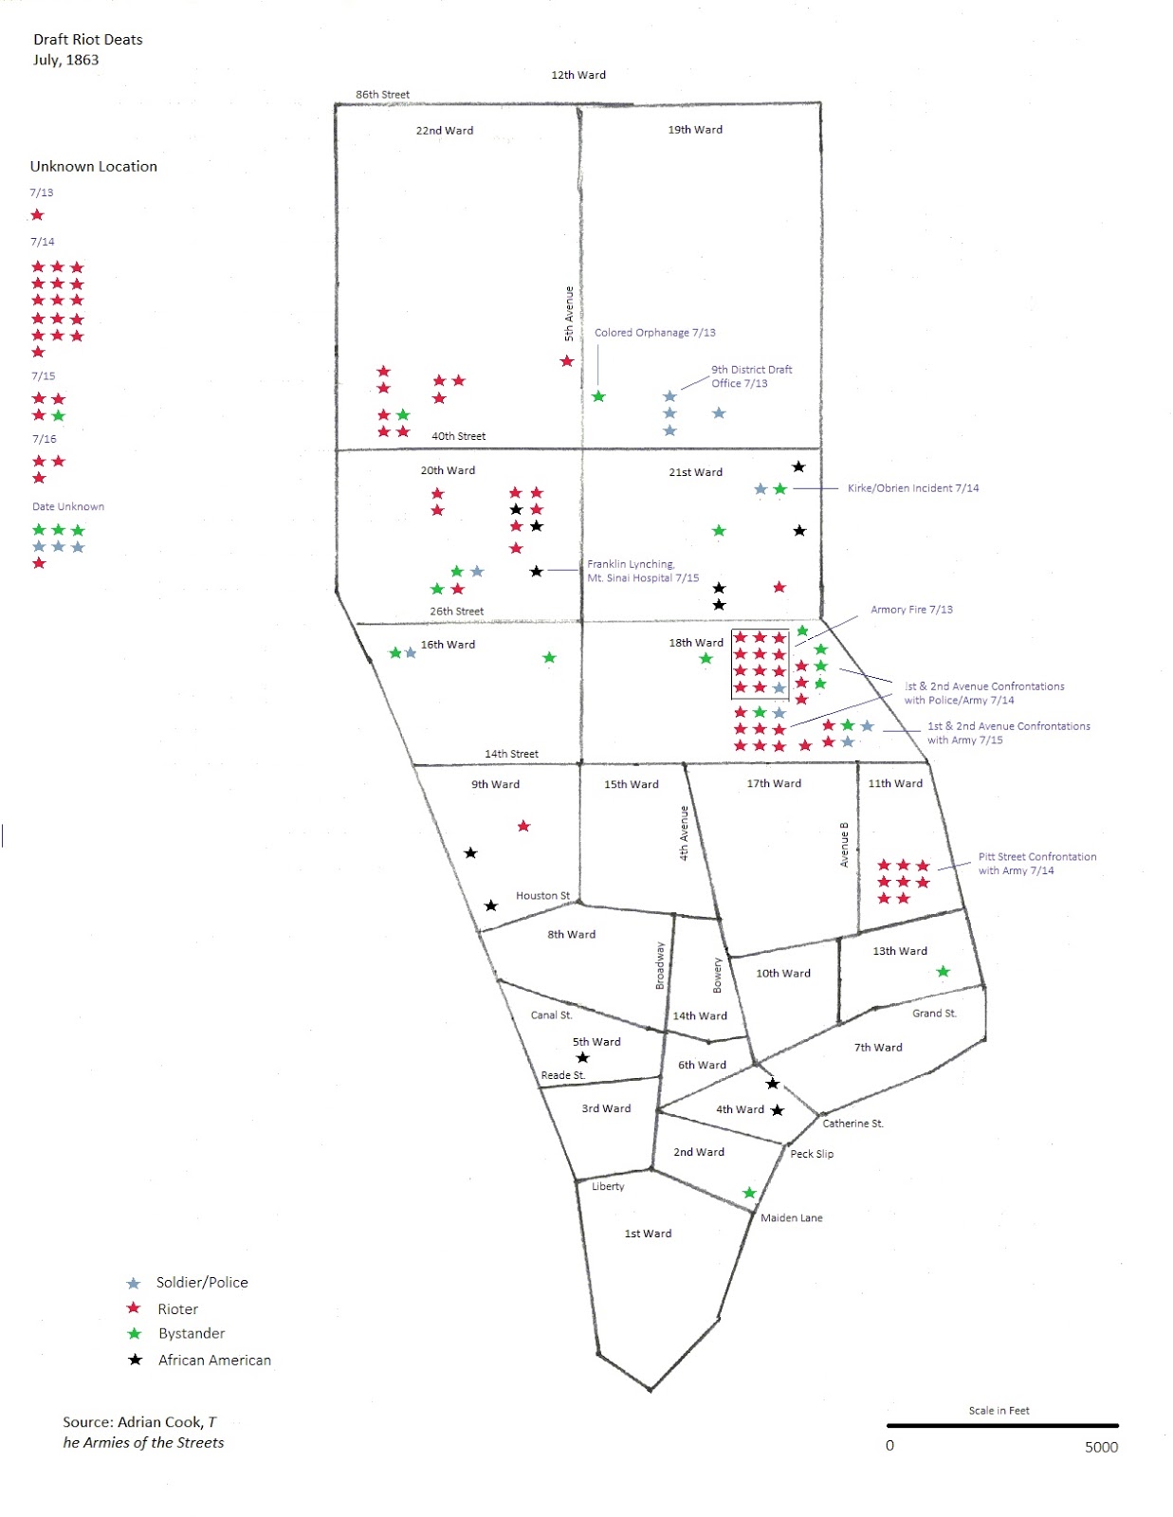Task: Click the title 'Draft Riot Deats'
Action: click(x=87, y=40)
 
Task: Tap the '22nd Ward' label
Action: click(x=444, y=131)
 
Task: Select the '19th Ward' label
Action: click(x=695, y=130)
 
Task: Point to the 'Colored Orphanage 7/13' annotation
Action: click(x=654, y=333)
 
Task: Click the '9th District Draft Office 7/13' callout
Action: click(x=751, y=376)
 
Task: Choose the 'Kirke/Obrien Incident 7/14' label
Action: click(x=912, y=488)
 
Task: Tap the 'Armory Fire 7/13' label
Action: click(x=911, y=610)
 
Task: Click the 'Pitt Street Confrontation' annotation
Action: click(x=1036, y=863)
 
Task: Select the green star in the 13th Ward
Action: click(x=943, y=972)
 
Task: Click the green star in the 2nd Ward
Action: click(x=749, y=1193)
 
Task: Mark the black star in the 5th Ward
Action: click(x=583, y=1058)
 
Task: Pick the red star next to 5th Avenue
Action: click(x=567, y=361)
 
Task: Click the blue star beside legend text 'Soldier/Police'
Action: click(x=134, y=1284)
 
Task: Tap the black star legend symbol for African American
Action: click(x=136, y=1360)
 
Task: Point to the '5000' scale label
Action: click(x=1101, y=1447)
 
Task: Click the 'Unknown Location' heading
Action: click(x=93, y=167)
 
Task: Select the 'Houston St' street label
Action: click(x=542, y=896)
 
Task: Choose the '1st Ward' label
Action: click(x=648, y=1234)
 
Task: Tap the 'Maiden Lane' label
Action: click(x=791, y=1218)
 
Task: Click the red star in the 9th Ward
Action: click(x=523, y=827)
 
